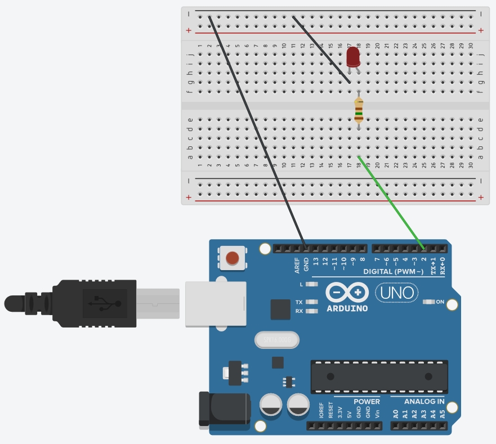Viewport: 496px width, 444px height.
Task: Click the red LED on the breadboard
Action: tap(353, 56)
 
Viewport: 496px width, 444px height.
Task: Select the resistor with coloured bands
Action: tap(358, 110)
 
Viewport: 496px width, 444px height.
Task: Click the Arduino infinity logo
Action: tap(347, 293)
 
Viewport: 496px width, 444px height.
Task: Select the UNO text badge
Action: tap(397, 293)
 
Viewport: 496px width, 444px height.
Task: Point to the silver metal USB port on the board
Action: tap(216, 303)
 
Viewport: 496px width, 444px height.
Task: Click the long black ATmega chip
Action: tap(379, 376)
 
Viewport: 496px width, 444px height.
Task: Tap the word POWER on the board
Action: tap(367, 402)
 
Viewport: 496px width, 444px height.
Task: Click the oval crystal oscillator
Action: tap(276, 340)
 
